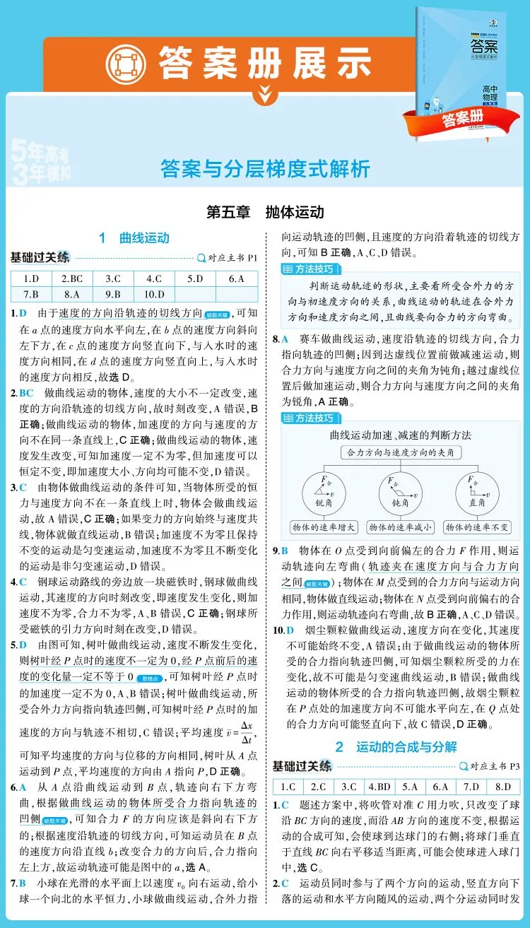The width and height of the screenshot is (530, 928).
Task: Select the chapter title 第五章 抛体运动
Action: (264, 211)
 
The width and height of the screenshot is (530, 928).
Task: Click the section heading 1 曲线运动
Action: (134, 237)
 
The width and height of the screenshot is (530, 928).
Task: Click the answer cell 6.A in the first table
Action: (237, 278)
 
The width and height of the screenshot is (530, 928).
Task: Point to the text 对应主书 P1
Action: (232, 258)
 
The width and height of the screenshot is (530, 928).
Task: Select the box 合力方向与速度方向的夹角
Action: (401, 452)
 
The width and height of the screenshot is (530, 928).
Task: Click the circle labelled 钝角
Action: (400, 491)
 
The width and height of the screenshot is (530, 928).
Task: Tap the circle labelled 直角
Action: (477, 491)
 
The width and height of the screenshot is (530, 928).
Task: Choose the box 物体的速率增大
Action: (324, 527)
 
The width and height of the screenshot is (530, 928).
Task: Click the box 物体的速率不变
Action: (477, 527)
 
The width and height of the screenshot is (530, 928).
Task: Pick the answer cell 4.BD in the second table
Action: (380, 786)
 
